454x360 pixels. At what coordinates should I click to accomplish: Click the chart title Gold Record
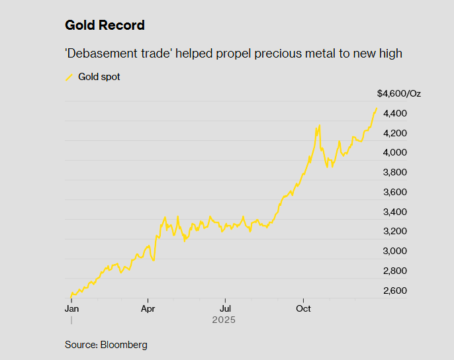click(105, 26)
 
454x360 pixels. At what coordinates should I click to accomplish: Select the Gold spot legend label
click(99, 77)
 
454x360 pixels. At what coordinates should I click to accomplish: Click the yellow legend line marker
click(69, 77)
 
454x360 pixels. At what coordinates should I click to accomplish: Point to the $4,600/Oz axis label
click(398, 93)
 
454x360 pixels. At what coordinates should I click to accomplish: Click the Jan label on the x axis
click(71, 308)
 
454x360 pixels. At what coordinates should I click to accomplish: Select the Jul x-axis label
click(225, 308)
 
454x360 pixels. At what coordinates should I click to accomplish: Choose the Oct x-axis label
click(303, 308)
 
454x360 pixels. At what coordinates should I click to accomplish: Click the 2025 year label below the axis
click(224, 320)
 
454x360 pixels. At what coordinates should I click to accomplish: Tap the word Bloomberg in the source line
click(124, 345)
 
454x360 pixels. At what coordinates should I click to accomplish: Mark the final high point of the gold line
click(377, 108)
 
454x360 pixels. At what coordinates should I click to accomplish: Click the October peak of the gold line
click(320, 125)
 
